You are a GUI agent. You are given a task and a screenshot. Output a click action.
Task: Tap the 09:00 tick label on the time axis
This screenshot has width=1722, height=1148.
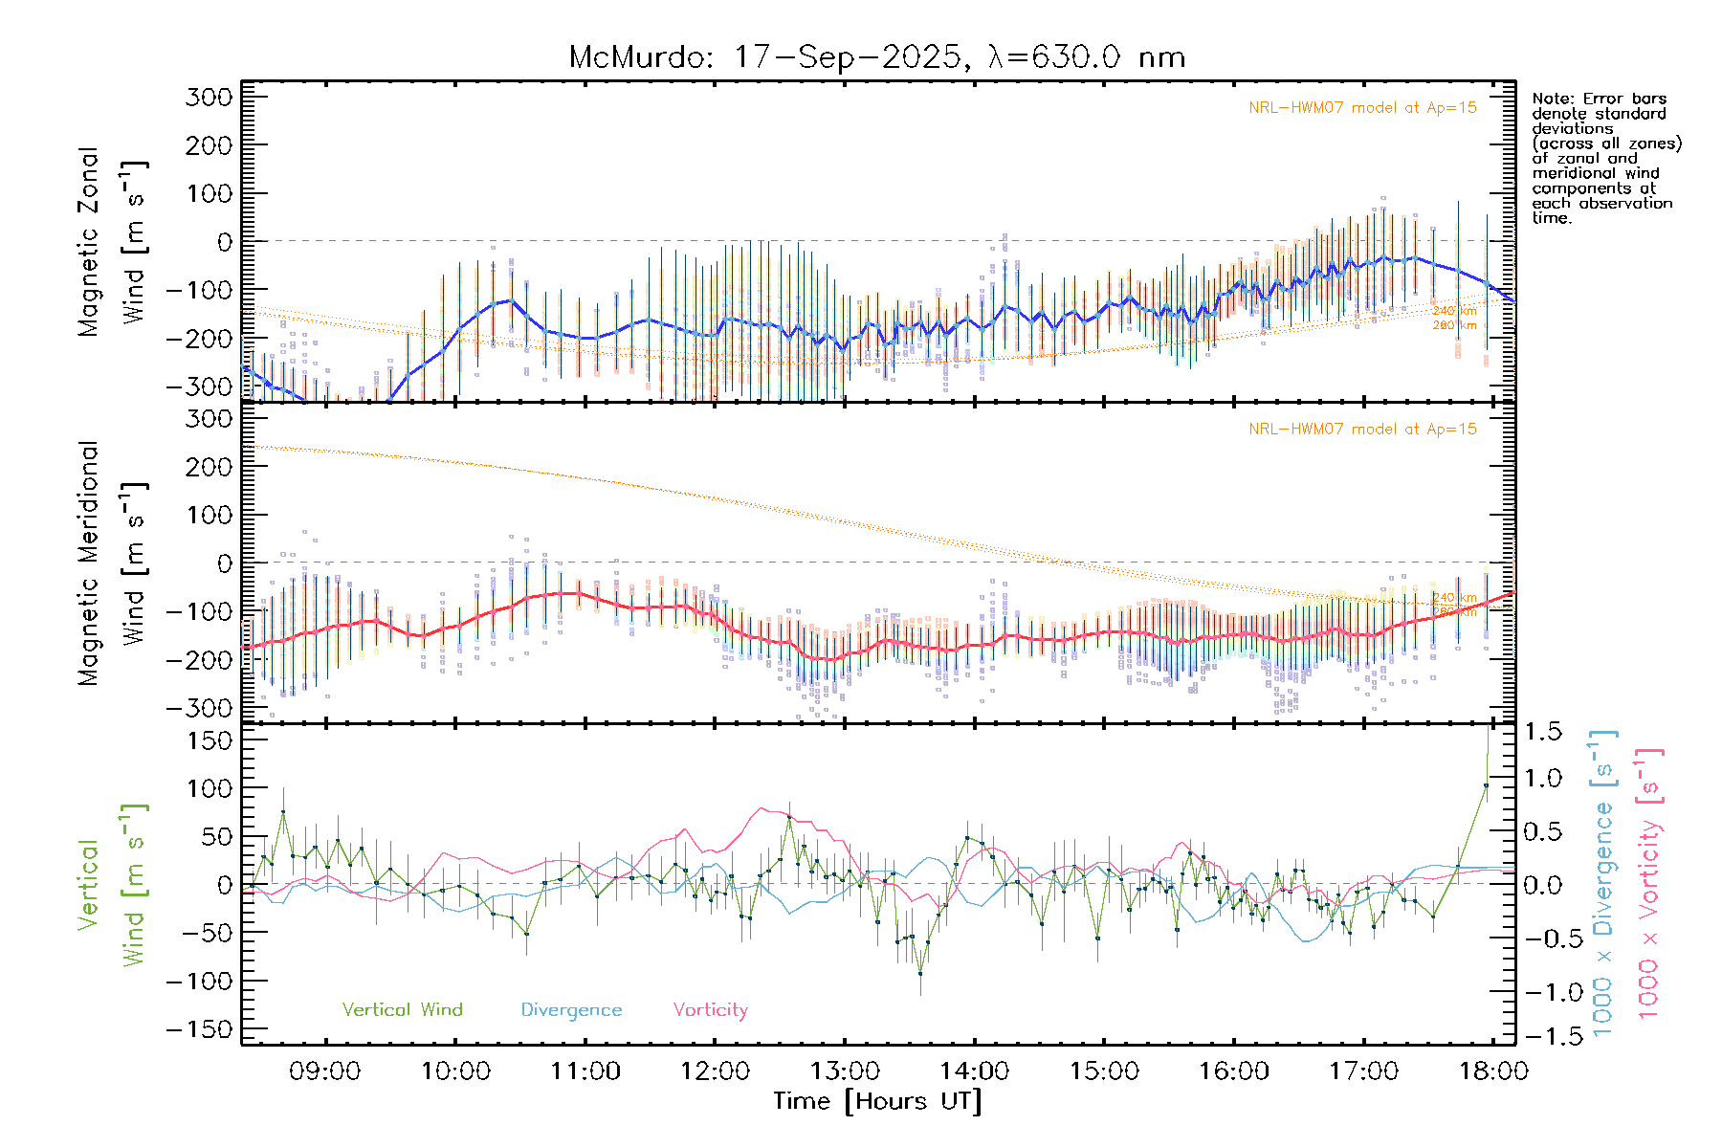click(324, 1071)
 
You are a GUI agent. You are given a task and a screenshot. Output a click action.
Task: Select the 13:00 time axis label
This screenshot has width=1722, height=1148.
click(845, 1071)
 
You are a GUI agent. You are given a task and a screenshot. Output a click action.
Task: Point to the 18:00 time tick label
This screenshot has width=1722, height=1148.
click(1493, 1071)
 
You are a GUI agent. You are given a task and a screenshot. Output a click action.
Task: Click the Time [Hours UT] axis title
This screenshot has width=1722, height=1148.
click(877, 1101)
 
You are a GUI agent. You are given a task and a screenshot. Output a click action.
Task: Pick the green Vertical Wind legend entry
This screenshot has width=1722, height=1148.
click(402, 1009)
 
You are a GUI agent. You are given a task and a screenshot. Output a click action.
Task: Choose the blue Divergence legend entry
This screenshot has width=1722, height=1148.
click(571, 1009)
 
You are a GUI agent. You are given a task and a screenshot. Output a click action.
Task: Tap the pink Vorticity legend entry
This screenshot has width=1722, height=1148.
click(710, 1009)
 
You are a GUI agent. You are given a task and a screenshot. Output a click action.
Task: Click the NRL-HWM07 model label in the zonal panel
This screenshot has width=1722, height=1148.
click(1362, 108)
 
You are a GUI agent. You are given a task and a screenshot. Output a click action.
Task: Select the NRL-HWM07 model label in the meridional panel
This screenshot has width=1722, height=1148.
click(1362, 430)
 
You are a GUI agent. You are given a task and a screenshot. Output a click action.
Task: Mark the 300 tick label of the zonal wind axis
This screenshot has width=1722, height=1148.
click(209, 97)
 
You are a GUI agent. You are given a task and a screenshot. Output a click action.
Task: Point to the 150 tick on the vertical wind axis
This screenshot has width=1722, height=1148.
click(209, 740)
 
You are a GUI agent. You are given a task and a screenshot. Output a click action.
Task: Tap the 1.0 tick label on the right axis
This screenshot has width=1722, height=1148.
click(1542, 779)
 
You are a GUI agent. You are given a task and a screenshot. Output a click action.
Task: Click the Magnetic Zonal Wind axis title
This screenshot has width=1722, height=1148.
click(112, 242)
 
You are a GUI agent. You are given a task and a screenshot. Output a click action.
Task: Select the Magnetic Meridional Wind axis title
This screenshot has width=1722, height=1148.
click(112, 563)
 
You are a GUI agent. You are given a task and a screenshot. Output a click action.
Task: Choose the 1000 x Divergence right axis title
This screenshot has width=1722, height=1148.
click(1602, 883)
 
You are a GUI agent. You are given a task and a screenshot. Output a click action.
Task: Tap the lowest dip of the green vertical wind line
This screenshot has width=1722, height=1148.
click(920, 974)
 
